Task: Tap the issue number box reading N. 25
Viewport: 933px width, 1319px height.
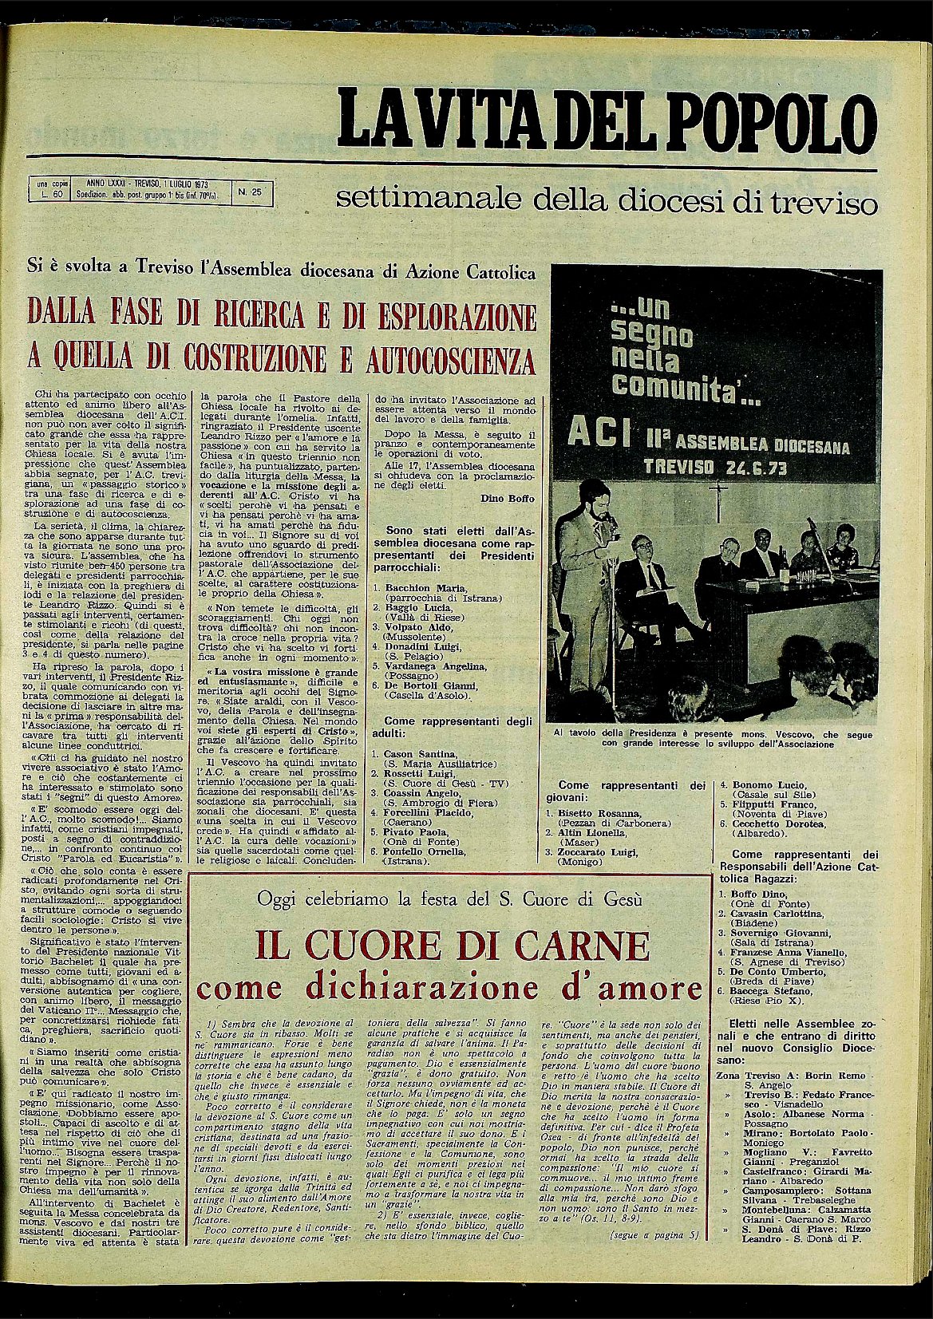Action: tap(252, 192)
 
